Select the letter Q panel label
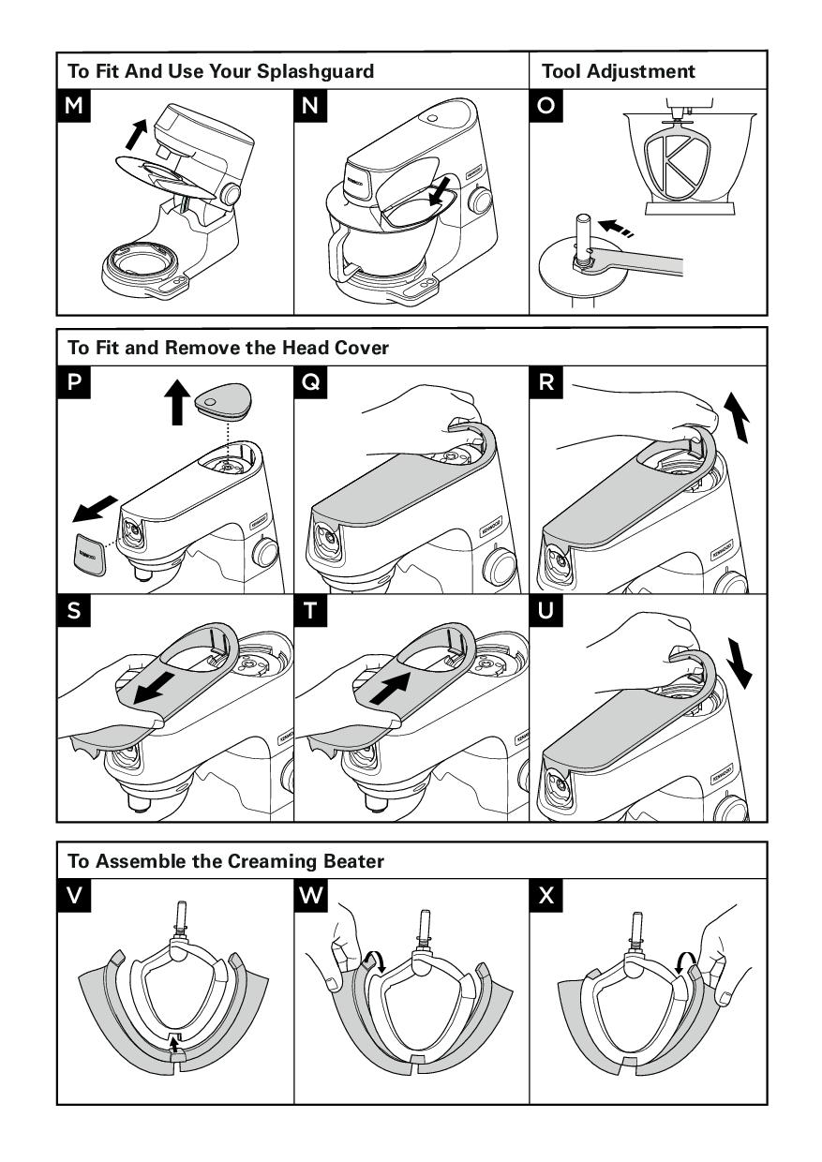click(x=310, y=382)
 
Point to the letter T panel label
click(x=310, y=612)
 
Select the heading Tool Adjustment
click(x=619, y=71)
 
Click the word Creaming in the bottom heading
click(x=270, y=861)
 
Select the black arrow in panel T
click(x=393, y=680)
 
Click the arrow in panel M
click(x=136, y=134)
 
